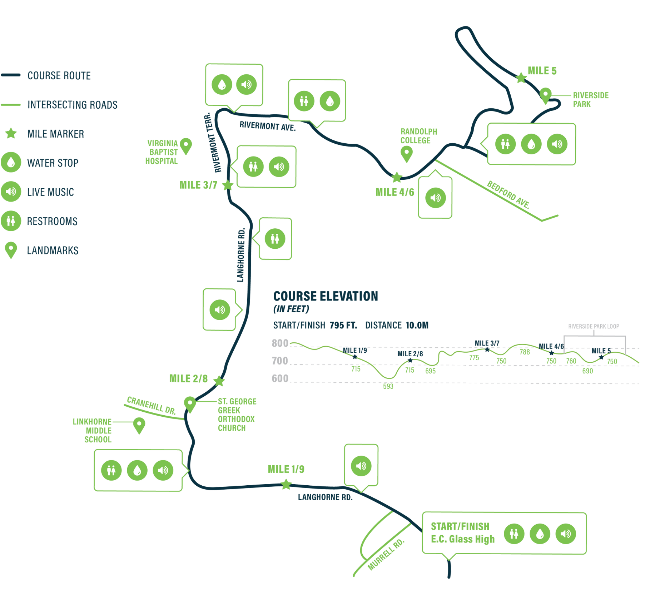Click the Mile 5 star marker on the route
coord(521,77)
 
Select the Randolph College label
coord(418,136)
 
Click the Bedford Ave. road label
coord(508,195)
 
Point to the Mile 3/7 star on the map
coord(228,185)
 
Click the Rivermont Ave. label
coord(268,126)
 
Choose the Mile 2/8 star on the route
coord(219,381)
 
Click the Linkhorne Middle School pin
coord(139,426)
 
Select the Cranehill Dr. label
coord(152,406)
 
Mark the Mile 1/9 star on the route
coord(286,485)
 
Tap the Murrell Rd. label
coord(386,554)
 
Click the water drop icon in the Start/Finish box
coord(540,534)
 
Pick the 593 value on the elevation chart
coord(388,386)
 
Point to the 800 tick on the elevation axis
coord(280,343)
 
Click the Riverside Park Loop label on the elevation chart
coord(594,326)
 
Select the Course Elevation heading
coord(326,296)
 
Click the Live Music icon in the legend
coord(11,192)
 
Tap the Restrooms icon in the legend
coord(11,221)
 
